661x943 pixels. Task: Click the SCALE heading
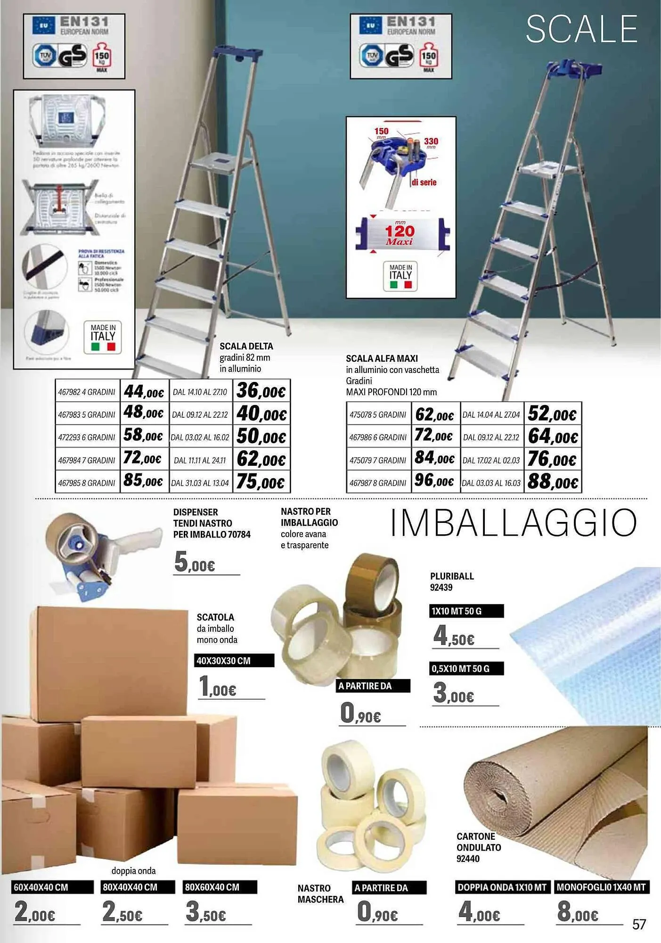[581, 29]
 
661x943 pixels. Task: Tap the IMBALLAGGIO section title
[514, 523]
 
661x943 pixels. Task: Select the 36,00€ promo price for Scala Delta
[261, 391]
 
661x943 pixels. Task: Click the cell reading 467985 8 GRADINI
[87, 483]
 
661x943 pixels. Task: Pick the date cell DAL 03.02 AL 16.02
[200, 438]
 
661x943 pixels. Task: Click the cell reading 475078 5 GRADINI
[378, 414]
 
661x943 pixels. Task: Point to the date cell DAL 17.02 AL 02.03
[491, 460]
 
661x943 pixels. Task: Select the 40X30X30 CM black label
[234, 661]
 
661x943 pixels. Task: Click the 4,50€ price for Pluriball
[454, 636]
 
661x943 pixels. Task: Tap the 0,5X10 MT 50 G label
[466, 669]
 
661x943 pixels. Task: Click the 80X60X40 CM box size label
[220, 887]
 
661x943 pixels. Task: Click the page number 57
[639, 925]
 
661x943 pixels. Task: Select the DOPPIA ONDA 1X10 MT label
[502, 887]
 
